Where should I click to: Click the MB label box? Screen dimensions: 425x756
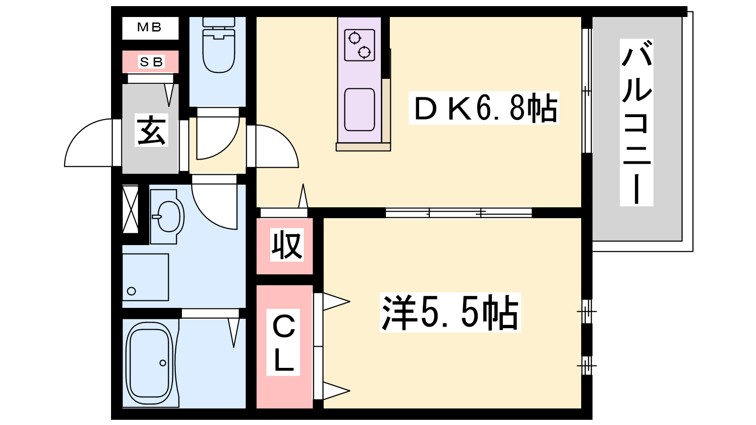pos(150,28)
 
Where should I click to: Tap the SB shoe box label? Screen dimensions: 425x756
pos(151,62)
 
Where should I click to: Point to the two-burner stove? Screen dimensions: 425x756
pos(360,45)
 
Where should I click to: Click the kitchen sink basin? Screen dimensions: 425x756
pos(360,110)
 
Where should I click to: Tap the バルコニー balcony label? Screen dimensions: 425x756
pos(636,123)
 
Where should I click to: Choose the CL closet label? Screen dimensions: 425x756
pos(283,342)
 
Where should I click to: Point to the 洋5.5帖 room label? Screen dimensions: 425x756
pos(450,312)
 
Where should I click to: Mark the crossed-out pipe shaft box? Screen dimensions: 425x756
pos(130,209)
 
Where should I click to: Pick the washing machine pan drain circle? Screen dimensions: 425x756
pos(131,291)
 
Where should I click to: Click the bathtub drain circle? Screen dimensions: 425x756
pos(163,363)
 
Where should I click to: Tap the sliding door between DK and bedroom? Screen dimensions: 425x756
pos(458,213)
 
